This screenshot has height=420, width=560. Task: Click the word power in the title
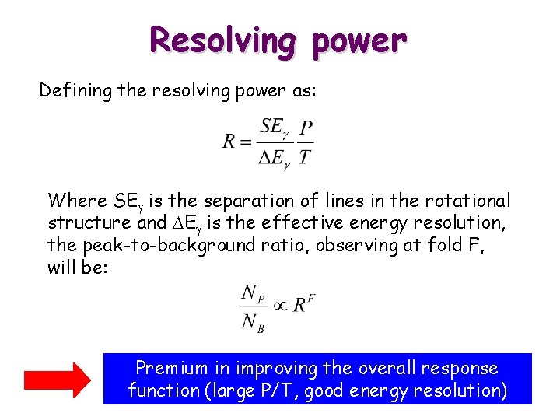359,40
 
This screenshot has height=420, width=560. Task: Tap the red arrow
57,380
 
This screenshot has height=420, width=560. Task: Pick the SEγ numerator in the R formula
275,128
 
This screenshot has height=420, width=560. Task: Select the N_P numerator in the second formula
254,292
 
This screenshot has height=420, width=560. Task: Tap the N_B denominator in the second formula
254,322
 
